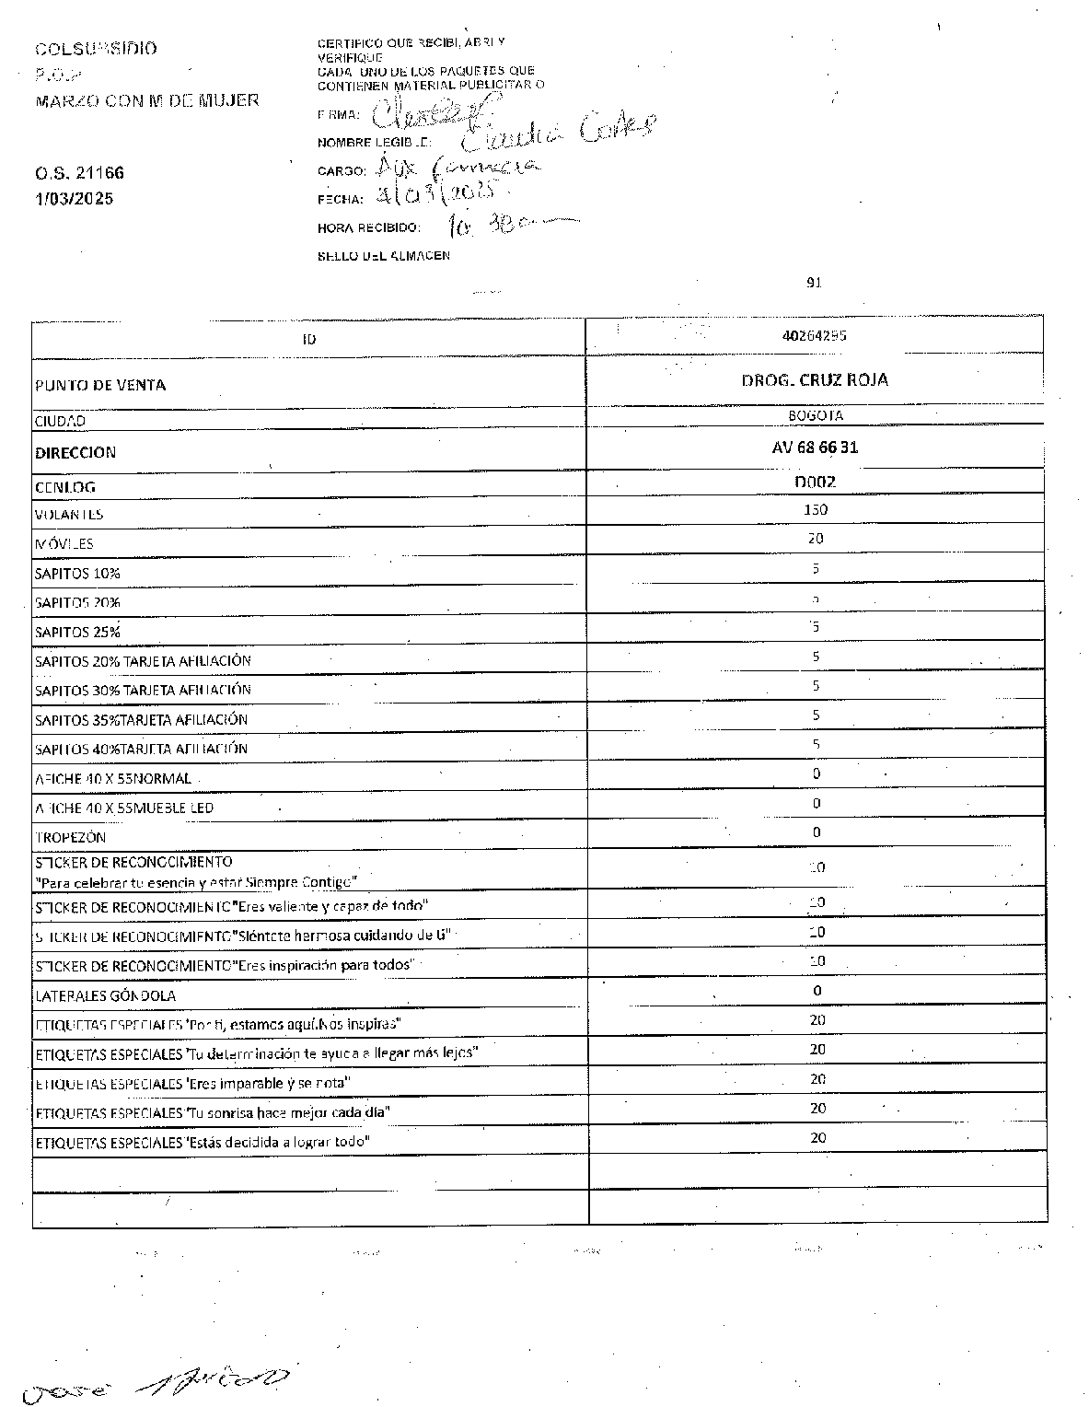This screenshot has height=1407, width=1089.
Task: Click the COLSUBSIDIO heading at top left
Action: [x=96, y=48]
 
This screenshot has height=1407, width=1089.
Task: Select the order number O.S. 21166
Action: [x=79, y=173]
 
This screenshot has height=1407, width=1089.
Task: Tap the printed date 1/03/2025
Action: [x=74, y=198]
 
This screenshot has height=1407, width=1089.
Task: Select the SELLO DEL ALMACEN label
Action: [x=384, y=255]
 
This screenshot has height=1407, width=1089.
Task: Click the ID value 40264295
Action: [x=814, y=336]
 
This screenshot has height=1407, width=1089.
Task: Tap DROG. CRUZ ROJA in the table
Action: [x=815, y=380]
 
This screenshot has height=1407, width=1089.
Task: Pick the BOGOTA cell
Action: [x=815, y=415]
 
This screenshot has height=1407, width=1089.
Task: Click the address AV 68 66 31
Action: [x=815, y=448]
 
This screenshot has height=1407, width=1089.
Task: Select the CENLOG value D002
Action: [x=815, y=482]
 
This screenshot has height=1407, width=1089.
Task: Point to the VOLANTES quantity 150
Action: [x=815, y=510]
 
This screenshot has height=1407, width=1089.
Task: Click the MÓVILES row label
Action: [x=64, y=543]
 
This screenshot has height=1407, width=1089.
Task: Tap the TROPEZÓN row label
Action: [x=70, y=837]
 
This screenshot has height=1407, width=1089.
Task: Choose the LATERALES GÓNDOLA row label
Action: [x=105, y=995]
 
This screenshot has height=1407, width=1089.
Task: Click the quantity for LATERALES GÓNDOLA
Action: [x=817, y=991]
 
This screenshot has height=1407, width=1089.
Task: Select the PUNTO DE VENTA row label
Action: [x=100, y=385]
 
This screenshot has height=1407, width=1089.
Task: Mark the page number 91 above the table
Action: [x=814, y=283]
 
